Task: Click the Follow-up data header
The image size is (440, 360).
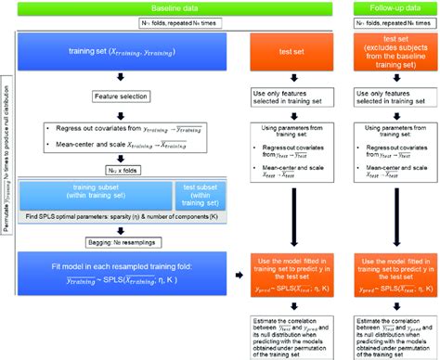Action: click(390, 6)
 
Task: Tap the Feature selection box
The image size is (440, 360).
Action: click(130, 96)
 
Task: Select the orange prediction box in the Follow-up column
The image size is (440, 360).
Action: click(390, 277)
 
